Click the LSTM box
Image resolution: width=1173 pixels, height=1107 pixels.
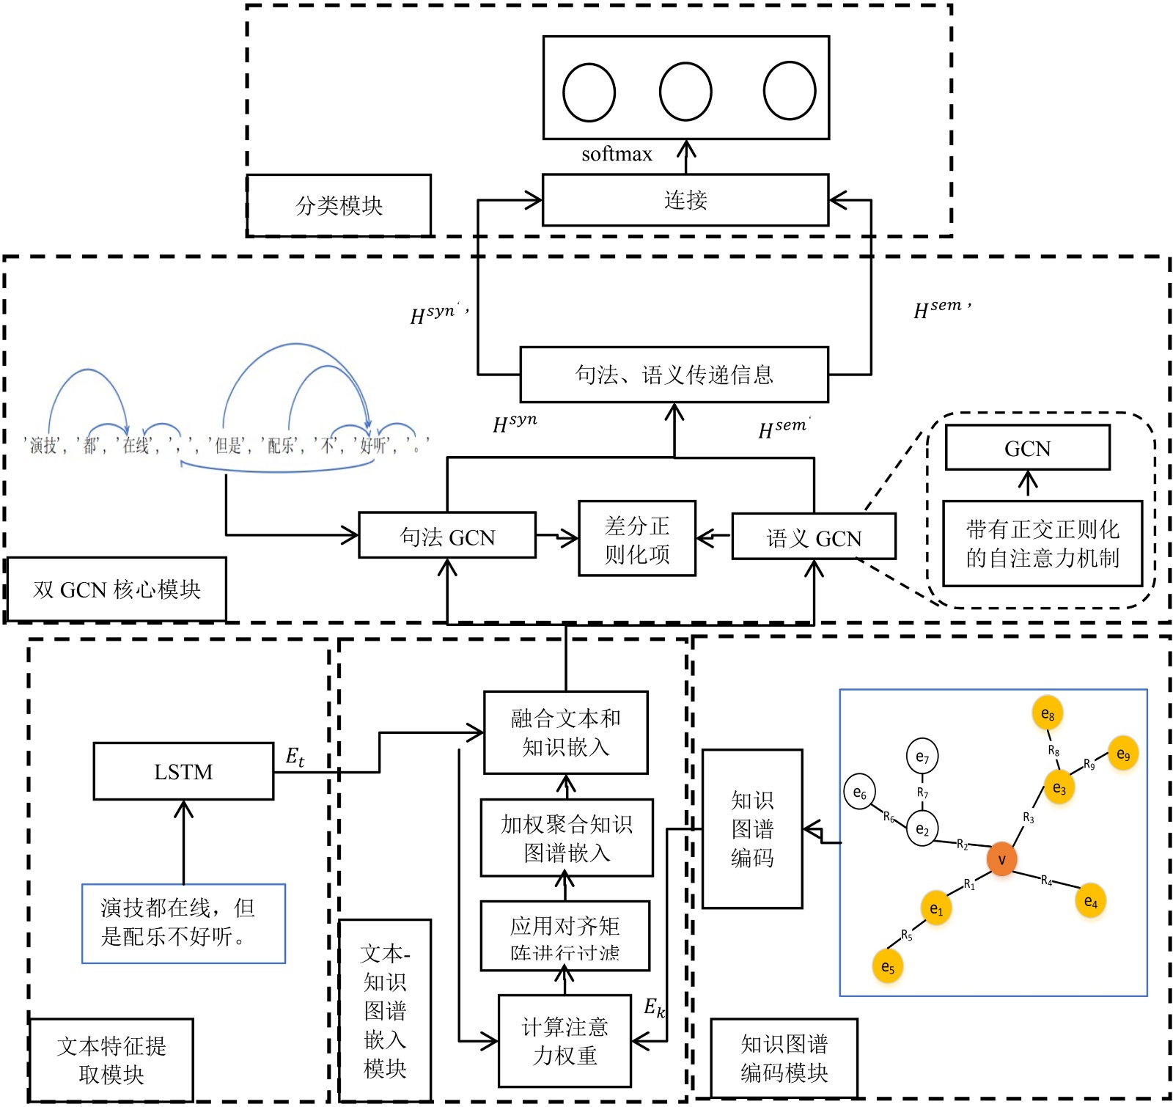[183, 771]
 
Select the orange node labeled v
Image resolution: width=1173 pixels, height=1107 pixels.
[1001, 859]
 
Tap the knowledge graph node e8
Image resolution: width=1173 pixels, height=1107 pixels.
[1048, 714]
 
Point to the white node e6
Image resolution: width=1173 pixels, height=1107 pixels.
[860, 792]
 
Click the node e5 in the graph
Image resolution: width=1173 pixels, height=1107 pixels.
[888, 967]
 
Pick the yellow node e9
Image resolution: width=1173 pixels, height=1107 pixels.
[1123, 754]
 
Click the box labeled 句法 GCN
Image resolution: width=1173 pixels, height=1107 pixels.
[447, 537]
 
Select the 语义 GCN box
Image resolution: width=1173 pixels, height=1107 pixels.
[814, 538]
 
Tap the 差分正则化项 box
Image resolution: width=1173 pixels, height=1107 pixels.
[637, 539]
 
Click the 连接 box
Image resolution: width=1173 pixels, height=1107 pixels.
[685, 200]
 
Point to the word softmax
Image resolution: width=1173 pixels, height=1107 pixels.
[617, 154]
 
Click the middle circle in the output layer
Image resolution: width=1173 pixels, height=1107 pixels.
[685, 92]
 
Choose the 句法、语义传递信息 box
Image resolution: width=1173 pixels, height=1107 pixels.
[674, 375]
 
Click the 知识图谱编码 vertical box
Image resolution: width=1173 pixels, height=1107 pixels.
[752, 828]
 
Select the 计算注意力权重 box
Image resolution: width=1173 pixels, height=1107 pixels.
[565, 1041]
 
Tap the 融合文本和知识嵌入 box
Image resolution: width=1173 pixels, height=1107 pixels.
[566, 732]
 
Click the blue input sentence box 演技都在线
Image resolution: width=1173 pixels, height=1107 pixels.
[183, 923]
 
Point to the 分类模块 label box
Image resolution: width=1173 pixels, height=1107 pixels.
[339, 205]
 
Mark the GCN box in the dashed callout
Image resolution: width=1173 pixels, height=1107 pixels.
[1027, 448]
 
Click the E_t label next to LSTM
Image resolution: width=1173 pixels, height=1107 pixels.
[295, 757]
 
